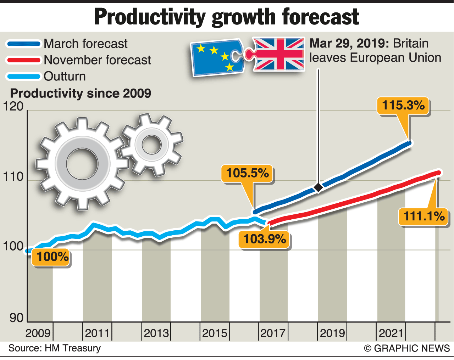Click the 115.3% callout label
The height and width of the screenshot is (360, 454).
click(x=403, y=106)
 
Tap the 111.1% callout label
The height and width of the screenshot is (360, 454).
click(x=424, y=216)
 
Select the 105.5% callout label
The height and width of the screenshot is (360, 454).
click(x=247, y=173)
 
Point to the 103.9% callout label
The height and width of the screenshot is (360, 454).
click(x=265, y=239)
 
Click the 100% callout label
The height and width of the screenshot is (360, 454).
click(x=52, y=257)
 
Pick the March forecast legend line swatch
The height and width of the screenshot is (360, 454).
click(x=23, y=44)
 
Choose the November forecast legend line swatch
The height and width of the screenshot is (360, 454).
click(x=23, y=60)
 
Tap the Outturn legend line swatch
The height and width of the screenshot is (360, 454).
click(x=23, y=76)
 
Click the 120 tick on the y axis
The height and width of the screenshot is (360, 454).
click(x=13, y=106)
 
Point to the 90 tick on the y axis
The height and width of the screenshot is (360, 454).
click(x=16, y=318)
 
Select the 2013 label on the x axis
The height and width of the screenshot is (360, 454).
click(x=156, y=333)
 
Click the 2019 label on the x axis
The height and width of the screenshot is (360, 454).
click(x=332, y=333)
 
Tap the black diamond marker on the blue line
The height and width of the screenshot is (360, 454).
click(x=318, y=187)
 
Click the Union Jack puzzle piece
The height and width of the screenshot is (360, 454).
click(x=278, y=54)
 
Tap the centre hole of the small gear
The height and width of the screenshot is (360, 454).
click(x=151, y=144)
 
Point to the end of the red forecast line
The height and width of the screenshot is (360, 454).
click(x=439, y=173)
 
